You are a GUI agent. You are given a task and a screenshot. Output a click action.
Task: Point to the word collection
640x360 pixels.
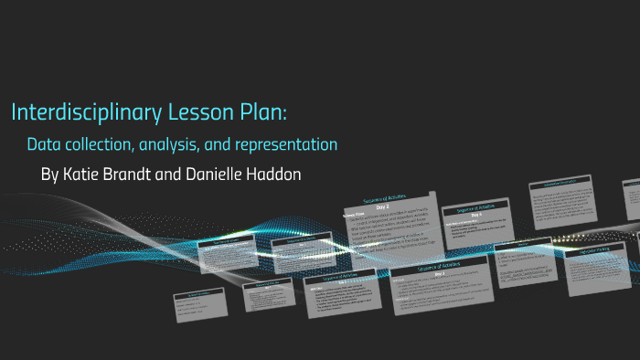point(101,144)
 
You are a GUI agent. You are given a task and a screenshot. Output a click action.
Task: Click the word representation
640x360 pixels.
point(286,144)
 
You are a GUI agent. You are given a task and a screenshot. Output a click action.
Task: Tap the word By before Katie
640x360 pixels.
point(49,174)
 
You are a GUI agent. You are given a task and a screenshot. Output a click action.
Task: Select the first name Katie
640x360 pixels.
point(81,174)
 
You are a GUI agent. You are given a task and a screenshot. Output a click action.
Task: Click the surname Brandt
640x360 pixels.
point(132,174)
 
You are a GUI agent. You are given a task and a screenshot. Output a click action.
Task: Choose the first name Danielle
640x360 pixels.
point(216,174)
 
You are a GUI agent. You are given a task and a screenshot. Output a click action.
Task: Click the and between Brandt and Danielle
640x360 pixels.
point(171,174)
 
